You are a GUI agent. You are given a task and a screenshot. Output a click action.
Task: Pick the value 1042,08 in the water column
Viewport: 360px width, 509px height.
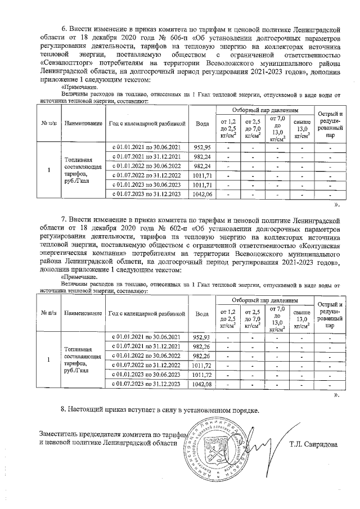[201, 384]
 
